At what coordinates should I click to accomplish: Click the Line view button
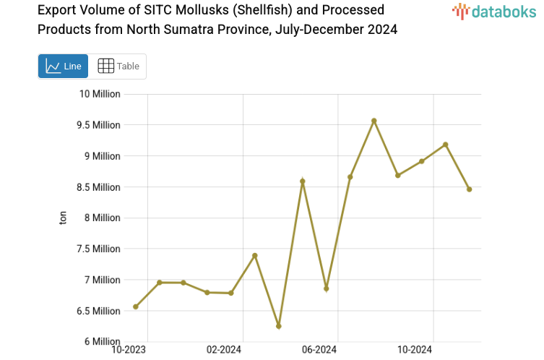coord(63,66)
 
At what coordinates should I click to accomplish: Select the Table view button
coord(118,66)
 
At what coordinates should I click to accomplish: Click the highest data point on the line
coord(374,121)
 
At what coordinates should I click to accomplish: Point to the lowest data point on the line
coord(278,326)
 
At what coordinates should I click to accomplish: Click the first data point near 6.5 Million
coord(136,307)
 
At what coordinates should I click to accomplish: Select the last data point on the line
coord(469,189)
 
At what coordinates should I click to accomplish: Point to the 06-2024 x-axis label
coord(319,350)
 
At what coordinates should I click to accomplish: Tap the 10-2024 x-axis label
coord(414,350)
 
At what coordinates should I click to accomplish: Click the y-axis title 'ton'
coord(63,218)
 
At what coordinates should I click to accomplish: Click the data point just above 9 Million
coord(445,145)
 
